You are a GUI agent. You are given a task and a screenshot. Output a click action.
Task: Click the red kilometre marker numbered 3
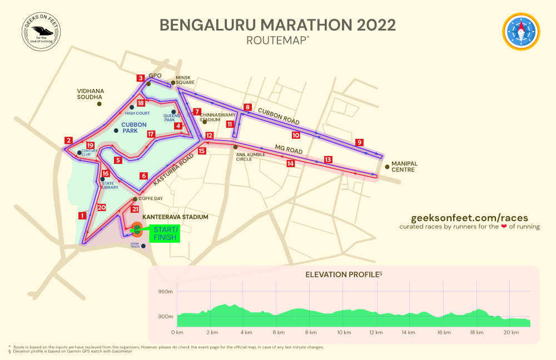(141, 78)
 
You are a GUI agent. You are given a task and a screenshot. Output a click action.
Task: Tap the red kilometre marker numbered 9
(360, 142)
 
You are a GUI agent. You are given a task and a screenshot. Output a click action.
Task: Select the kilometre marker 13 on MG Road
(328, 159)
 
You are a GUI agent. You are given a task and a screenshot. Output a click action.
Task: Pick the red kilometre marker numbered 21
(135, 209)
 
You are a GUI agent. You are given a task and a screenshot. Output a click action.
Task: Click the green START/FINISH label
(165, 233)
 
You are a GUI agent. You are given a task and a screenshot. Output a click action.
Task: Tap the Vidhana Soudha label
(91, 93)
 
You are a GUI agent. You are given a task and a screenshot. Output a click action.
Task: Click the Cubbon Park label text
(133, 128)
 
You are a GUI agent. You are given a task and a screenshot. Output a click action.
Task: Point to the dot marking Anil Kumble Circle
(235, 147)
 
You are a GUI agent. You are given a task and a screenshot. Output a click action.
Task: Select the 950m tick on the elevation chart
(165, 292)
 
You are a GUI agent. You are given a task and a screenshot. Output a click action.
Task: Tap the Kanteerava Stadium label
(167, 217)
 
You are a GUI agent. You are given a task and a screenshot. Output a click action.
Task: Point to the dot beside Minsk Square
(173, 83)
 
